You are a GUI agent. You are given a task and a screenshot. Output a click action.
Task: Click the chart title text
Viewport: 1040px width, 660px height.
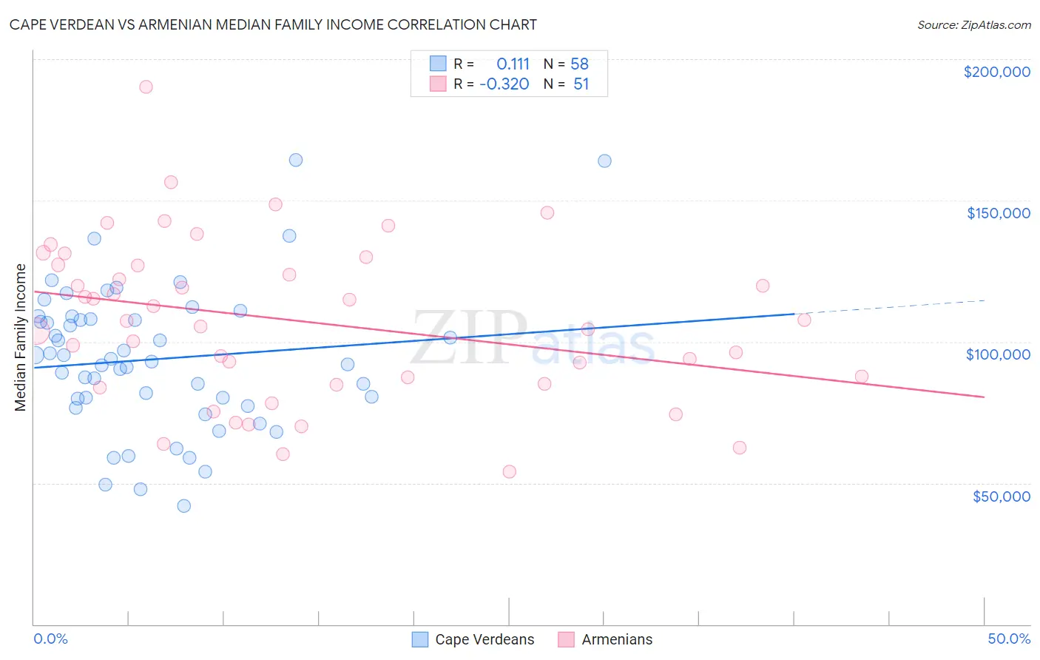point(273,24)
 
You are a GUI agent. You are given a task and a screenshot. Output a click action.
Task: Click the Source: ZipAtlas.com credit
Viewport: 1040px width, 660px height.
point(973,24)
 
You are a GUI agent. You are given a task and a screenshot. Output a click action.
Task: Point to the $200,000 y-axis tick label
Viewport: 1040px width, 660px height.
point(996,72)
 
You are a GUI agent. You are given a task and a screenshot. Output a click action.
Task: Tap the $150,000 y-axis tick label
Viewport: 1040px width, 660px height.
point(998,213)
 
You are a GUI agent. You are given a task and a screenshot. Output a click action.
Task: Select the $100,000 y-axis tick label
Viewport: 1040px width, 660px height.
point(998,354)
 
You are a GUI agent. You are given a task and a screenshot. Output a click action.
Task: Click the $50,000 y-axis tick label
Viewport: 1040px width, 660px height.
point(1001,496)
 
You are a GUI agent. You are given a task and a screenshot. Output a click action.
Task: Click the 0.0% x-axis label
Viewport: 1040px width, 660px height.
point(50,639)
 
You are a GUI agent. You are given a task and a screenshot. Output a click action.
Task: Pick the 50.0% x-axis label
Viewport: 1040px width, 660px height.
point(1009,639)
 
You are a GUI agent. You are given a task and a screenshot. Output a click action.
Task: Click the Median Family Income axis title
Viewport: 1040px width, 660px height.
point(21,337)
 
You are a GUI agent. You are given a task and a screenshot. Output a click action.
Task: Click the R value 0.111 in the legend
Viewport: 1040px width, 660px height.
point(513,64)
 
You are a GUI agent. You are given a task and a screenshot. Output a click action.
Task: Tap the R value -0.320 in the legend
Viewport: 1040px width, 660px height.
point(504,84)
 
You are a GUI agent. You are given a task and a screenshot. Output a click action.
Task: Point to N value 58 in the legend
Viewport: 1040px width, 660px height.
point(579,64)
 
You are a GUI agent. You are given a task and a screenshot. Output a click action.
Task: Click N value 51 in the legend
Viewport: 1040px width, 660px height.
point(581,84)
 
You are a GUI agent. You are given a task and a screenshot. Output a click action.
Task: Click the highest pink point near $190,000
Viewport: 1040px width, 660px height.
point(146,87)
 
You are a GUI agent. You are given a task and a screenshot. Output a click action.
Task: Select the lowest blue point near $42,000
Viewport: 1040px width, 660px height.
point(184,506)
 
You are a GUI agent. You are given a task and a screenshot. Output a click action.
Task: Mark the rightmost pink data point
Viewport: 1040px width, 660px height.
point(862,376)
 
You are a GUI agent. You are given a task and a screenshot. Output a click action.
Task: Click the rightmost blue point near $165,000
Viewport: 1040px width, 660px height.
point(604,161)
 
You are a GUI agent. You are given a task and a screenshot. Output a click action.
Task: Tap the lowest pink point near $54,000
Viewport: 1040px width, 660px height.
point(509,471)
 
